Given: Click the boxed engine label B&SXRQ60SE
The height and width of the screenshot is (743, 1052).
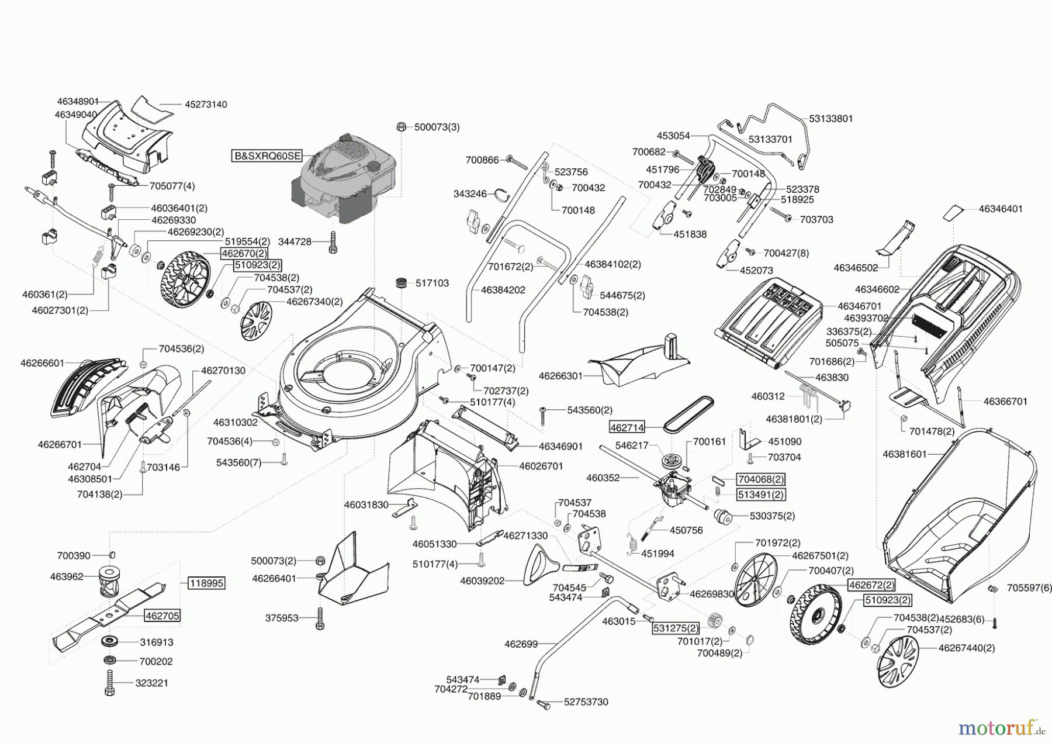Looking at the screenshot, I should pos(267,156).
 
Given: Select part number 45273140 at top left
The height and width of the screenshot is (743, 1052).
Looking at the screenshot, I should pos(206,105).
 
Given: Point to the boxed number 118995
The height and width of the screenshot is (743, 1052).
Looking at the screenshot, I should pos(206,583).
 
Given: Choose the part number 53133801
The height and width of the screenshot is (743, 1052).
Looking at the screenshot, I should pos(830,119).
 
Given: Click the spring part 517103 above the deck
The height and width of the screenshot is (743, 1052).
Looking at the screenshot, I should pos(402,284).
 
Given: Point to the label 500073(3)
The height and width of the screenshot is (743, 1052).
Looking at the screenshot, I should pos(437,127).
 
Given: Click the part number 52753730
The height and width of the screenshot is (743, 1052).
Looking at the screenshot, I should pos(586,702).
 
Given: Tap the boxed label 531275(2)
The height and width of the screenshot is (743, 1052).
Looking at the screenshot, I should pos(676,628).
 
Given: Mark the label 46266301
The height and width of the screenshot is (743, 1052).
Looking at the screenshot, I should pos(560,376).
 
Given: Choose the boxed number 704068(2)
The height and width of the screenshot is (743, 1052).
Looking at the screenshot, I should pos(760,479).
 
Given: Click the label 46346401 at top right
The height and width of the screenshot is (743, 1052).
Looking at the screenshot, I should pos(1001,209).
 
